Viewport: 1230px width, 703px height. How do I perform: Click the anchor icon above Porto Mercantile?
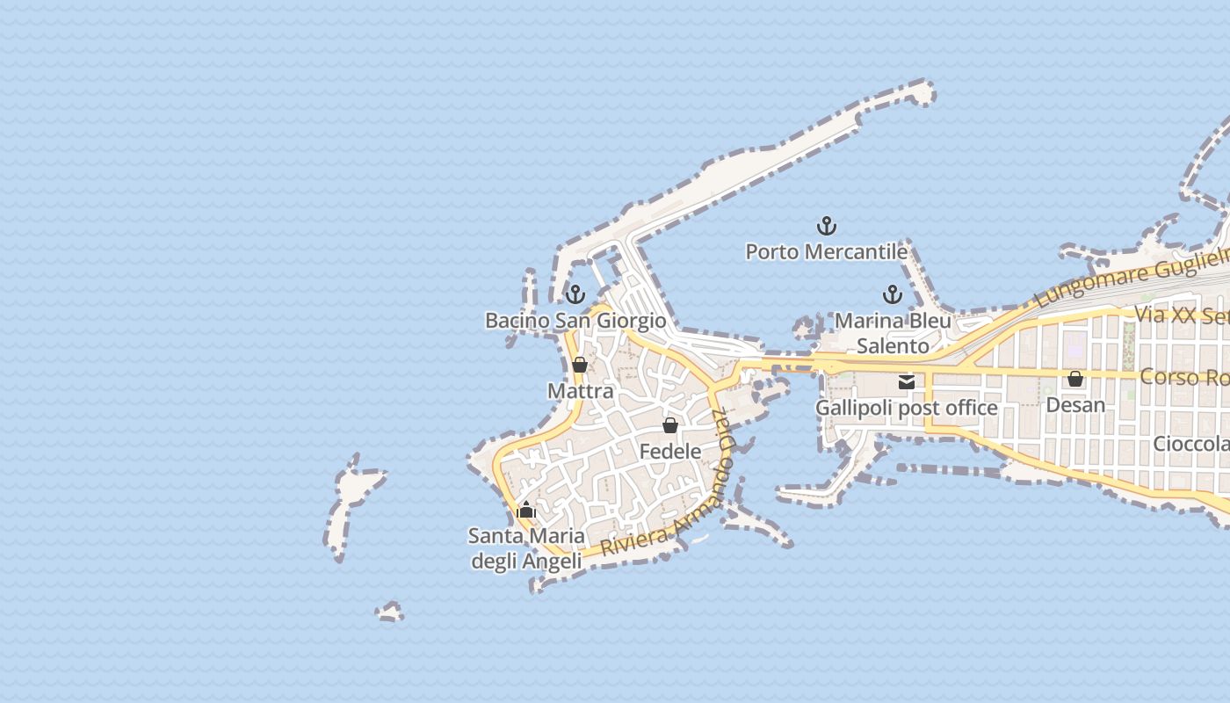[826, 226]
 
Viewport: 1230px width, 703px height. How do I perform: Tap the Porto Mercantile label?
[826, 252]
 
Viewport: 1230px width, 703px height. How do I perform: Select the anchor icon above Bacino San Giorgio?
[575, 294]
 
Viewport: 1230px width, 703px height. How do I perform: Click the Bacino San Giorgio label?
[575, 321]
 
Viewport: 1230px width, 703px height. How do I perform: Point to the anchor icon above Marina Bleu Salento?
[893, 294]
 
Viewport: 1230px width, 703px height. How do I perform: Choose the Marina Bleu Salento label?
[893, 333]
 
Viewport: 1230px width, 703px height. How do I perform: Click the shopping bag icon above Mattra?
[580, 365]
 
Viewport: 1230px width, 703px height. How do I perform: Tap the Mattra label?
[580, 391]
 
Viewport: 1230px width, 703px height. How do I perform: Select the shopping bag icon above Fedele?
[670, 425]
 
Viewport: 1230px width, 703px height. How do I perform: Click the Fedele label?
[670, 452]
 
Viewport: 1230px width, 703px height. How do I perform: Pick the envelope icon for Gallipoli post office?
[907, 382]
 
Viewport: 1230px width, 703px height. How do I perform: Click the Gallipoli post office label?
[907, 409]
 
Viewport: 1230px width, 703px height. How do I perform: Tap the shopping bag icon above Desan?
[1075, 379]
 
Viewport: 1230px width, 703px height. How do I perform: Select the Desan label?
[1075, 405]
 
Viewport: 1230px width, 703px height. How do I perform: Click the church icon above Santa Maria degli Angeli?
[526, 510]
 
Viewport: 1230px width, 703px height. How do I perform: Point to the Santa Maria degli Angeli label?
[526, 548]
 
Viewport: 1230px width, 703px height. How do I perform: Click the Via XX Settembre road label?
[1182, 315]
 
